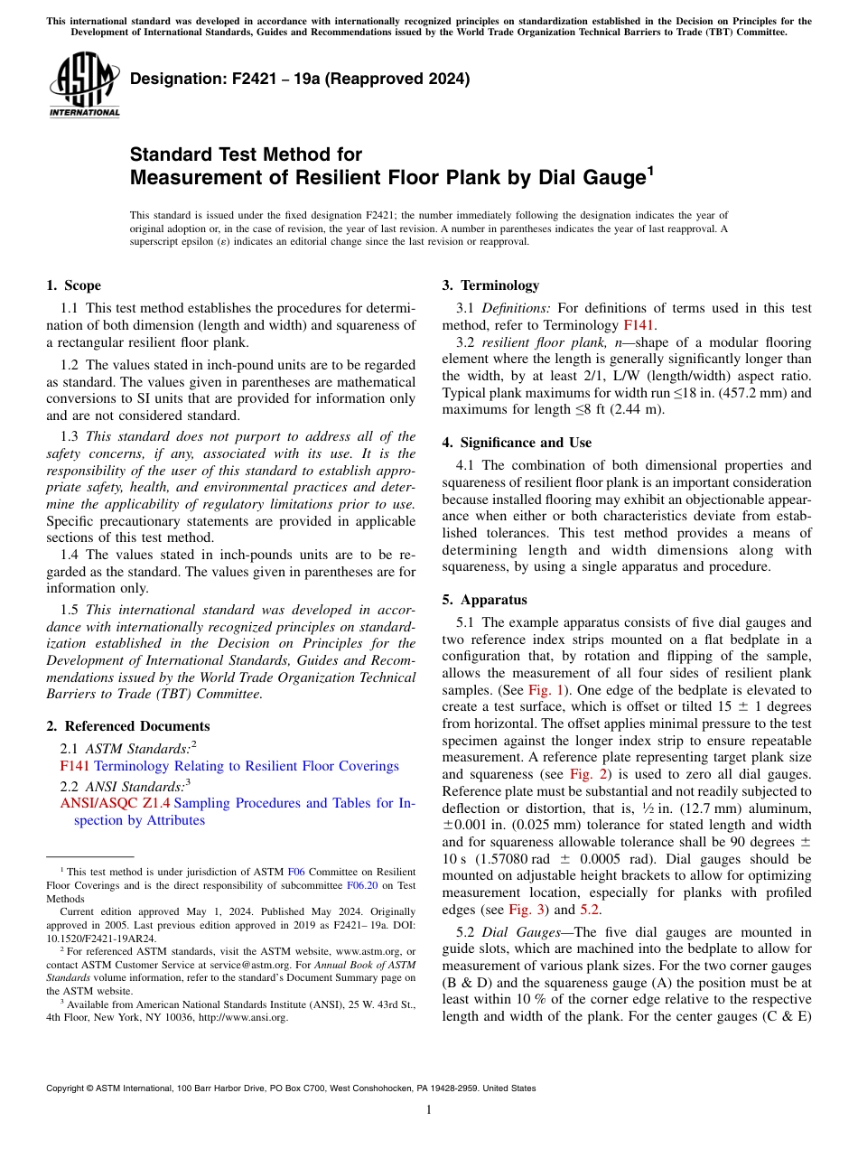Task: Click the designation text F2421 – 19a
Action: point(300,79)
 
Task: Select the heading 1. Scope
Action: point(73,285)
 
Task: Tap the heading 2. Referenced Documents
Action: point(127,726)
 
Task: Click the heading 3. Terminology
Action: point(490,285)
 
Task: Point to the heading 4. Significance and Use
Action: point(517,443)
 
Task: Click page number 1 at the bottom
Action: point(429,1109)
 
